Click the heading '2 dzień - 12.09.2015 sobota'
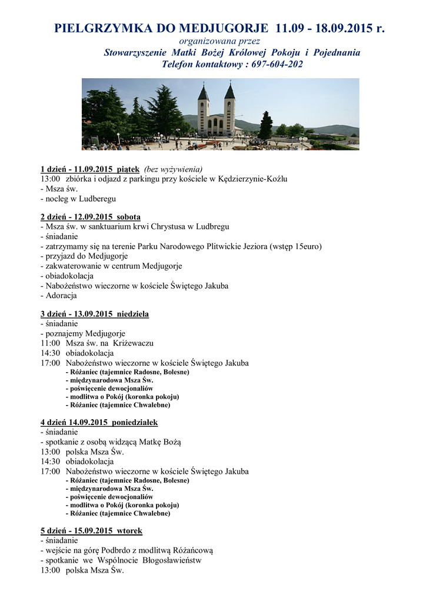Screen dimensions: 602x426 point(90,217)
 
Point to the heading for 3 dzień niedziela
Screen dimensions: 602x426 point(94,314)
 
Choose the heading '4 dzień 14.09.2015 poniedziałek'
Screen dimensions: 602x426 point(99,423)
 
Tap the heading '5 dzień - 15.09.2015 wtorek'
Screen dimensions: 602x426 point(91,531)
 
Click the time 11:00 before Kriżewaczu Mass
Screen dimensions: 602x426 point(50,343)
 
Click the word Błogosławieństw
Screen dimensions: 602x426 point(168,560)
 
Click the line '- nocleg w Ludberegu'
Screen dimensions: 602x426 point(78,199)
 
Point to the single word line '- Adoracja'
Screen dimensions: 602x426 point(58,296)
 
